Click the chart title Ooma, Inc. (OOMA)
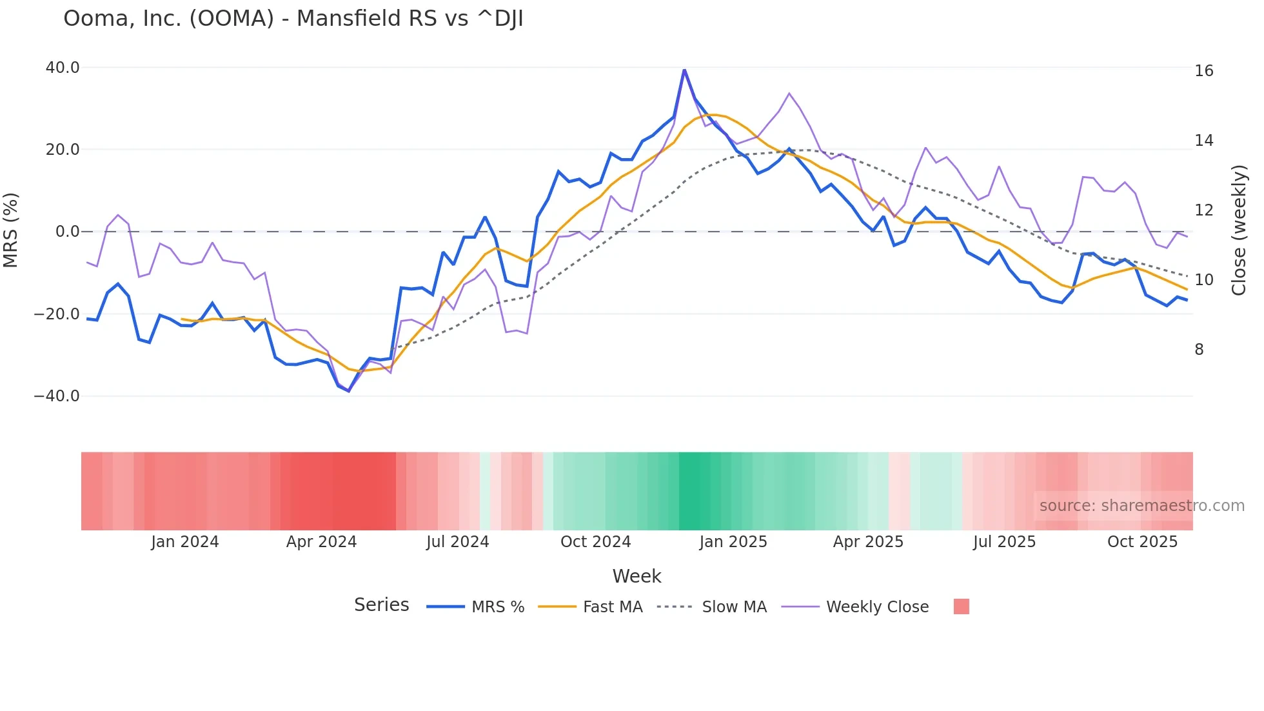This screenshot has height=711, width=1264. (293, 19)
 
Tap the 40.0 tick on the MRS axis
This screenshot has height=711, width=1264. (63, 68)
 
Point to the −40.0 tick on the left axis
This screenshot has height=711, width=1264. (57, 396)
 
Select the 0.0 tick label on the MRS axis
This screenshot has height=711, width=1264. (67, 232)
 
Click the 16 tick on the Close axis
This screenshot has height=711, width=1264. (1203, 71)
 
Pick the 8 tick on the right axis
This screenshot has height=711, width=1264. (1199, 350)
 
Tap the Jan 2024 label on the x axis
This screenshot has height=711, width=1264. (185, 542)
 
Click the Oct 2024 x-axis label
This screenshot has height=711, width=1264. (595, 542)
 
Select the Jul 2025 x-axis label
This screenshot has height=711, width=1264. (1004, 542)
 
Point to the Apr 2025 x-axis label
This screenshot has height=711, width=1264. (868, 542)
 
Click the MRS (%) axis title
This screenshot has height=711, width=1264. (11, 230)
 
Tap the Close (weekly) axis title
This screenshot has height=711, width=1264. (1238, 230)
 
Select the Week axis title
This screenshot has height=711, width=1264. (637, 576)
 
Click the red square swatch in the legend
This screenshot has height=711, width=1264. (961, 606)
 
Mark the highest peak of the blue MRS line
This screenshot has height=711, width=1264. (684, 70)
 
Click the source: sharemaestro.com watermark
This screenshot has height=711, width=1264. (1141, 506)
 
